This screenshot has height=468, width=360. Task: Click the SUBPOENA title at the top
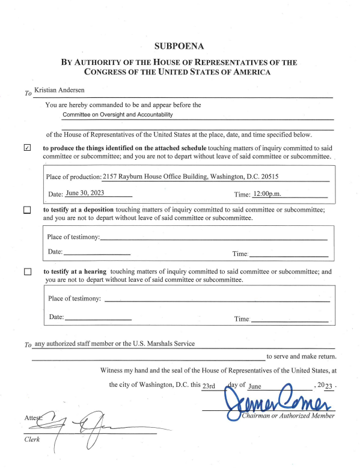(x=180, y=46)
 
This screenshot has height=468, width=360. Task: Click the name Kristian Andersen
(x=59, y=90)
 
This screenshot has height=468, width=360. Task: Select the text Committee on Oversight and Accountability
(x=118, y=115)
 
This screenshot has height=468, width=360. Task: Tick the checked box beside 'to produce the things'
(x=26, y=148)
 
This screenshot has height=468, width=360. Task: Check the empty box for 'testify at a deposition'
(x=26, y=210)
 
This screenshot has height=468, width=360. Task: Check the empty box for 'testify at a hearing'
(x=26, y=272)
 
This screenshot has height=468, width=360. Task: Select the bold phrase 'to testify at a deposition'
(x=84, y=210)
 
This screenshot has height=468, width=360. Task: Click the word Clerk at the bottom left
(x=31, y=439)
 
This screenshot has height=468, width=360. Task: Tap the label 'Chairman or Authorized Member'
(x=287, y=416)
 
